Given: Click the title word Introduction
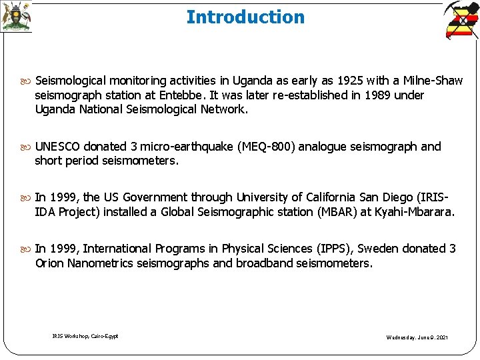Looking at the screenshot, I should [245, 17].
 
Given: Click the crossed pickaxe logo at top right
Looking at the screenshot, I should [461, 20].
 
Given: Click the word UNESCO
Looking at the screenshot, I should [58, 146].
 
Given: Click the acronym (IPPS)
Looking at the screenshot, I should [333, 249].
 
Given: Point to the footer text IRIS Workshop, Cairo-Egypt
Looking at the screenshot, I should [85, 336].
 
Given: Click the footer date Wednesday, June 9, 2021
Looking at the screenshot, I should [417, 337].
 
